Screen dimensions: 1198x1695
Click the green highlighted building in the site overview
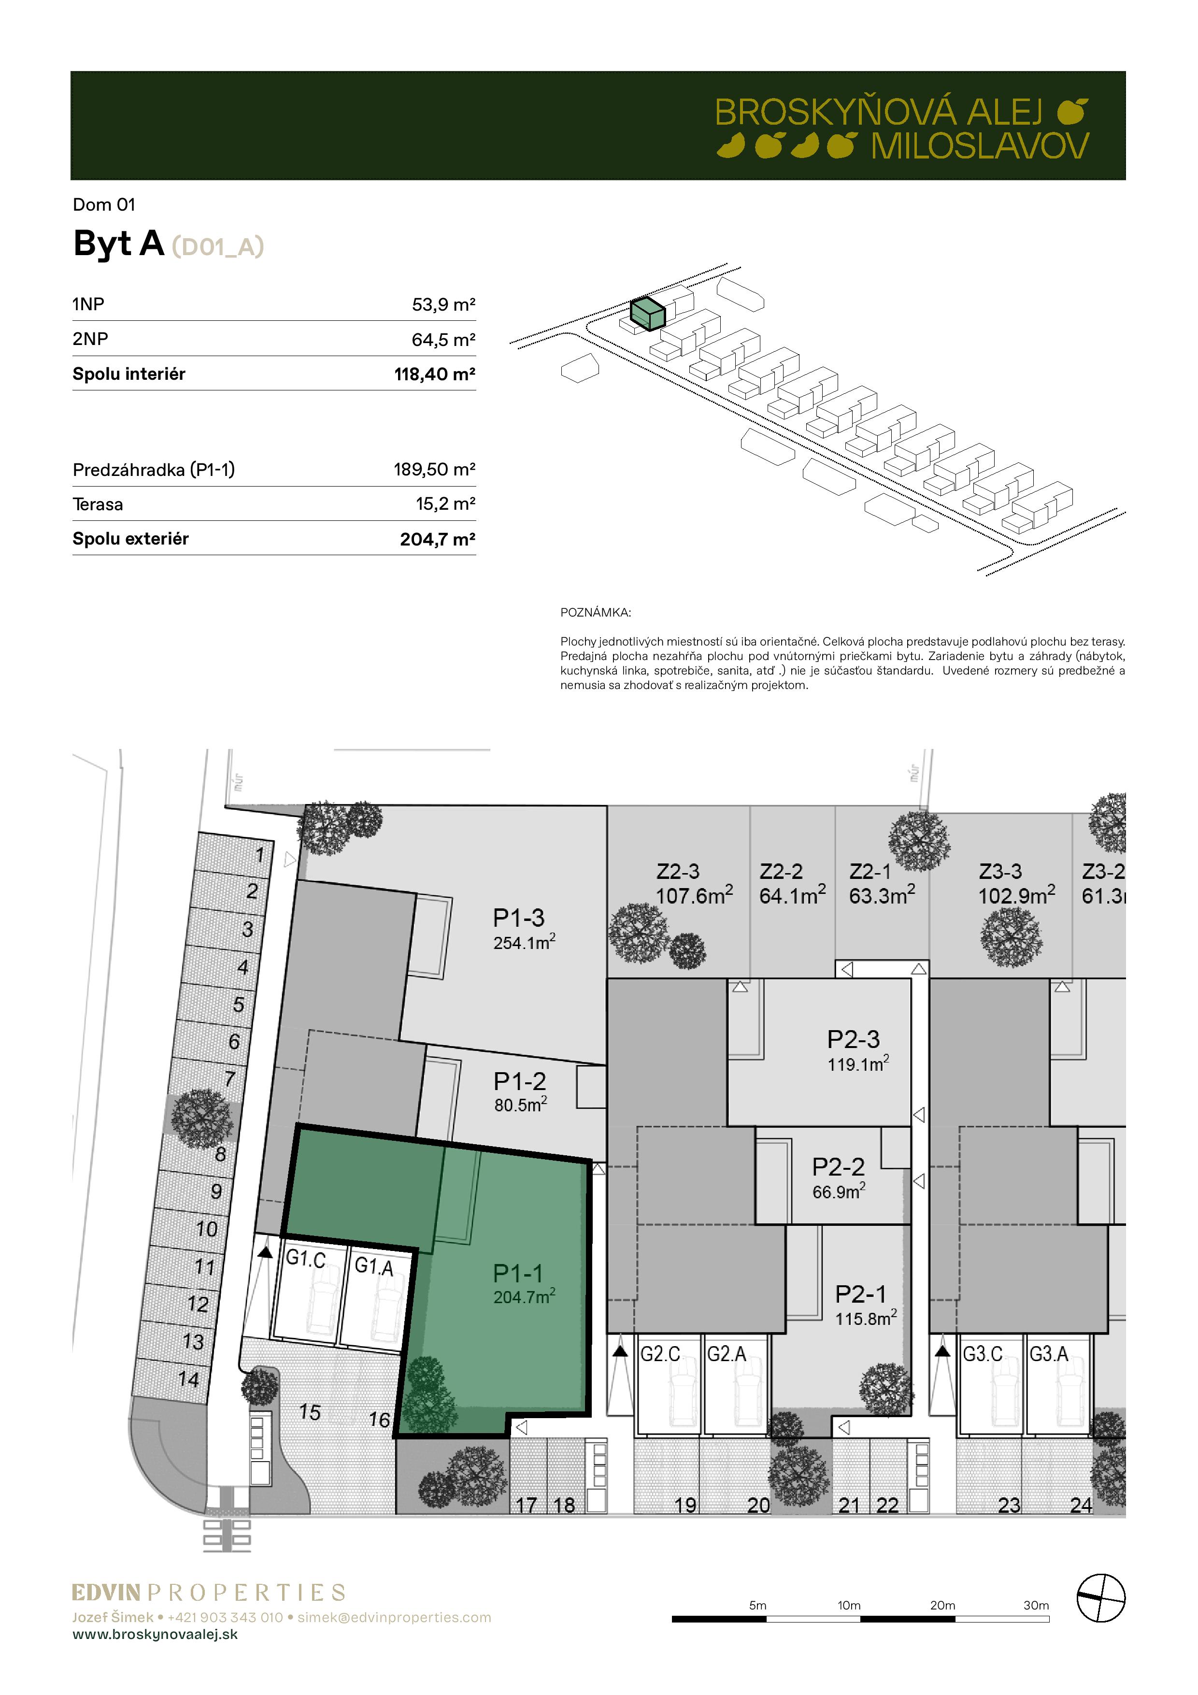pos(647,313)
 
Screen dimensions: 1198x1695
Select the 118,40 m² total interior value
pos(435,374)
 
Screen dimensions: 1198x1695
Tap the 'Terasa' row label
pos(98,504)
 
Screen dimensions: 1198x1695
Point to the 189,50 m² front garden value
pos(435,470)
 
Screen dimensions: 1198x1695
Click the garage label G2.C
pos(660,1353)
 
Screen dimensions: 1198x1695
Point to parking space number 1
pos(260,855)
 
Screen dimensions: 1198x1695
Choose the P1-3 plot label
pos(518,918)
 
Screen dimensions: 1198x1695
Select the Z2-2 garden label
pos(781,871)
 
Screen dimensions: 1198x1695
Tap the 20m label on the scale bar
pos(942,1605)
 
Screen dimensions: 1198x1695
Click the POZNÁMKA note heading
pos(596,612)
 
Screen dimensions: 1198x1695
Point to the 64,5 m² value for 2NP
pos(443,340)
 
